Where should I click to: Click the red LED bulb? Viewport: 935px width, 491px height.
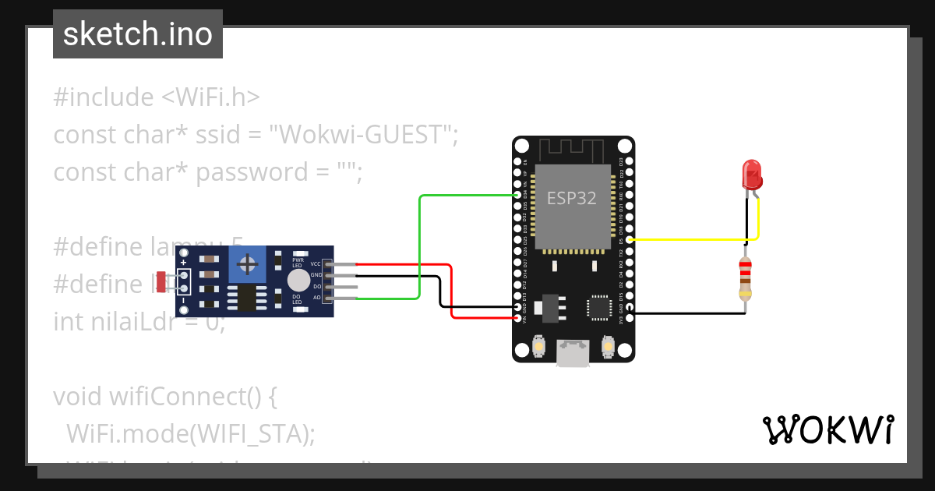click(752, 173)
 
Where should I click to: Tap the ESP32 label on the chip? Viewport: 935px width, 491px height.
click(571, 198)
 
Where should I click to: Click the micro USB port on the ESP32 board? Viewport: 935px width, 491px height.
click(573, 352)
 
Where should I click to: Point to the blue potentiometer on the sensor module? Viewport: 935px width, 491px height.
click(248, 265)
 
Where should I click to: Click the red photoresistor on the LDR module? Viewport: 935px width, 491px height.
click(161, 281)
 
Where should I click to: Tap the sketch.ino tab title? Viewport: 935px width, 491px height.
click(138, 34)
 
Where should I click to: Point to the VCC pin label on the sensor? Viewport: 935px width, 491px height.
click(316, 263)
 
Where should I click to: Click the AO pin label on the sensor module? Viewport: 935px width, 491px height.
click(316, 298)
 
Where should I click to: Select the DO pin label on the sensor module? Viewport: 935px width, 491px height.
click(316, 286)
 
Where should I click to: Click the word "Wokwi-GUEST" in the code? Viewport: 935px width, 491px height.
click(361, 135)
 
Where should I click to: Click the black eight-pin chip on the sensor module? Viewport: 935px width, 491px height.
click(247, 297)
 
